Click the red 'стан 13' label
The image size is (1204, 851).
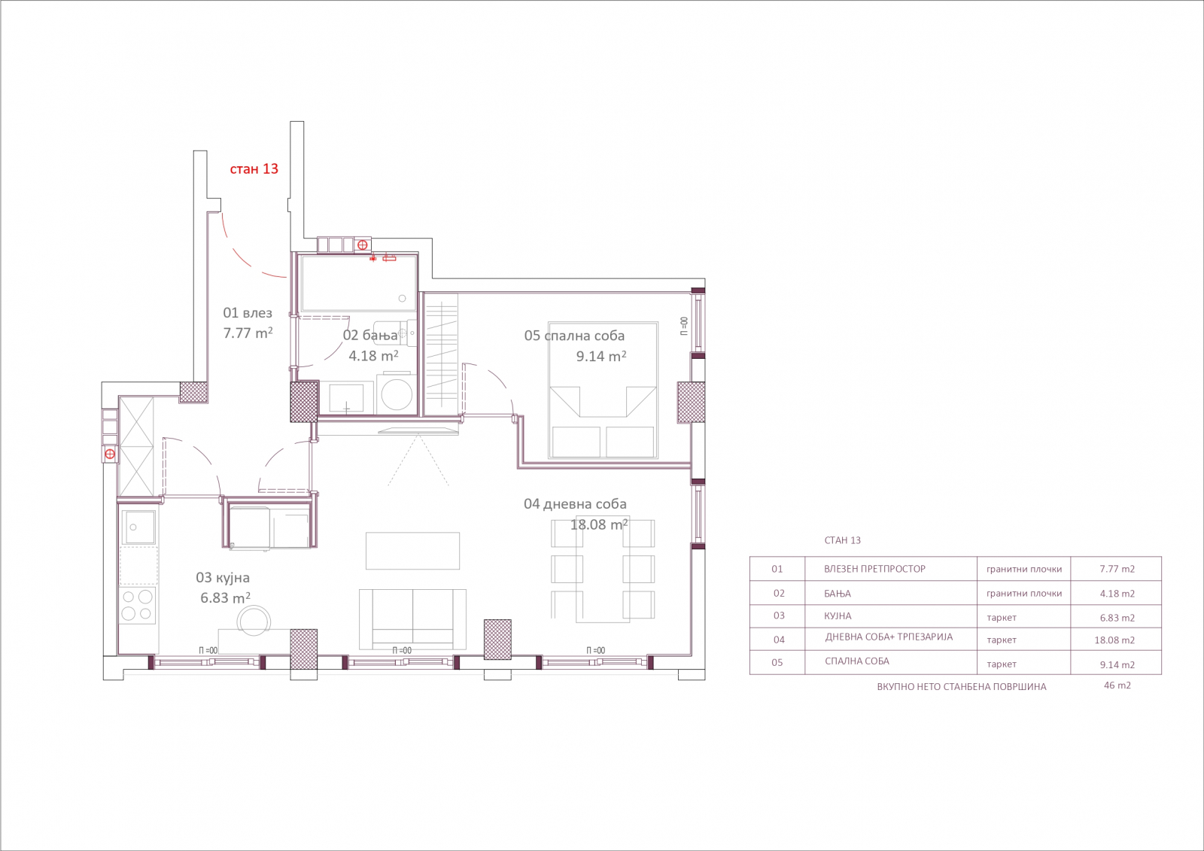pos(254,169)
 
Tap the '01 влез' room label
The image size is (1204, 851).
pos(248,313)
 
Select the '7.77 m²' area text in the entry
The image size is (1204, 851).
pos(248,333)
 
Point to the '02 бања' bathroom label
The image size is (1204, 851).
pos(370,336)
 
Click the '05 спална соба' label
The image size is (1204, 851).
pos(574,336)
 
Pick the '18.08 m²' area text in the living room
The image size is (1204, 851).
pos(599,524)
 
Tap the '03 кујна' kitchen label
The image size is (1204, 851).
pos(223,578)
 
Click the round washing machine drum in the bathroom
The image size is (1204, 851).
pos(397,394)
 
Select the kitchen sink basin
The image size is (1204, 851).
pos(138,526)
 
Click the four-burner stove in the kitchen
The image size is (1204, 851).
pos(137,605)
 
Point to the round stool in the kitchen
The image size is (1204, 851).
pos(253,620)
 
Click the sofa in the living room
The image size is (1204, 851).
pos(413,619)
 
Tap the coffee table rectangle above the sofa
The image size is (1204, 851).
pos(413,551)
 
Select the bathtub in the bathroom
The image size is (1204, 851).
pos(358,283)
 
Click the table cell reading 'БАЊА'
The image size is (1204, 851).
pos(838,594)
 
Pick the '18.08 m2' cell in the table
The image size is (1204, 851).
pos(1114,640)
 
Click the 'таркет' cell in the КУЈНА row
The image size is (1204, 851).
pos(1002,618)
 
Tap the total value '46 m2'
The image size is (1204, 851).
pos(1117,685)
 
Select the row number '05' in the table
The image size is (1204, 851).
pos(777,663)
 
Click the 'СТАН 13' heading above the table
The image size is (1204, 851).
pos(842,540)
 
